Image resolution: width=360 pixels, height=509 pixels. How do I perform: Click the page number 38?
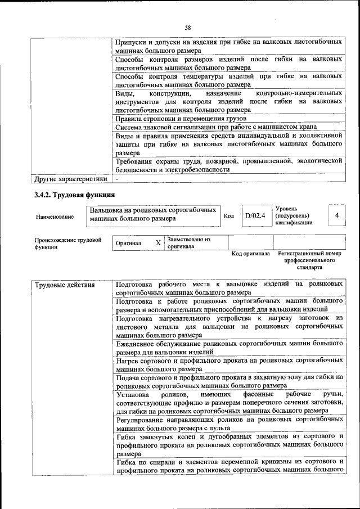point(187,27)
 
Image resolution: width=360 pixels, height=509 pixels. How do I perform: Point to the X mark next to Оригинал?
point(158,243)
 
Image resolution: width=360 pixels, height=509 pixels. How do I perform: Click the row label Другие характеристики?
point(70,179)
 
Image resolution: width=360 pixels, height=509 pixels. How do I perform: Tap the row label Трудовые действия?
point(65,285)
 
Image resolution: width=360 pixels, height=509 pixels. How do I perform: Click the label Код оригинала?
point(251,254)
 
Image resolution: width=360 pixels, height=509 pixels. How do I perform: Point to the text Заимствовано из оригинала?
point(188,243)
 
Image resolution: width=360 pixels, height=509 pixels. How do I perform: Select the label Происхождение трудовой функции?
point(67,243)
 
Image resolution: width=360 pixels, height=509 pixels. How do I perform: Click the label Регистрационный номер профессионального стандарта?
point(309,260)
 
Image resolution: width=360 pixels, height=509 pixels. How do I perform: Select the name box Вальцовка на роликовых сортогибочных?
point(153,214)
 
